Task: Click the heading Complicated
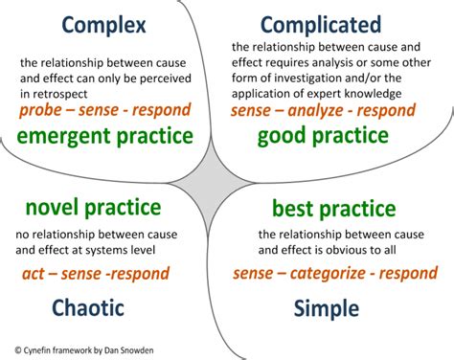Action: (321, 24)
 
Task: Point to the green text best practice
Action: (333, 208)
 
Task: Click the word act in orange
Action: (34, 274)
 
